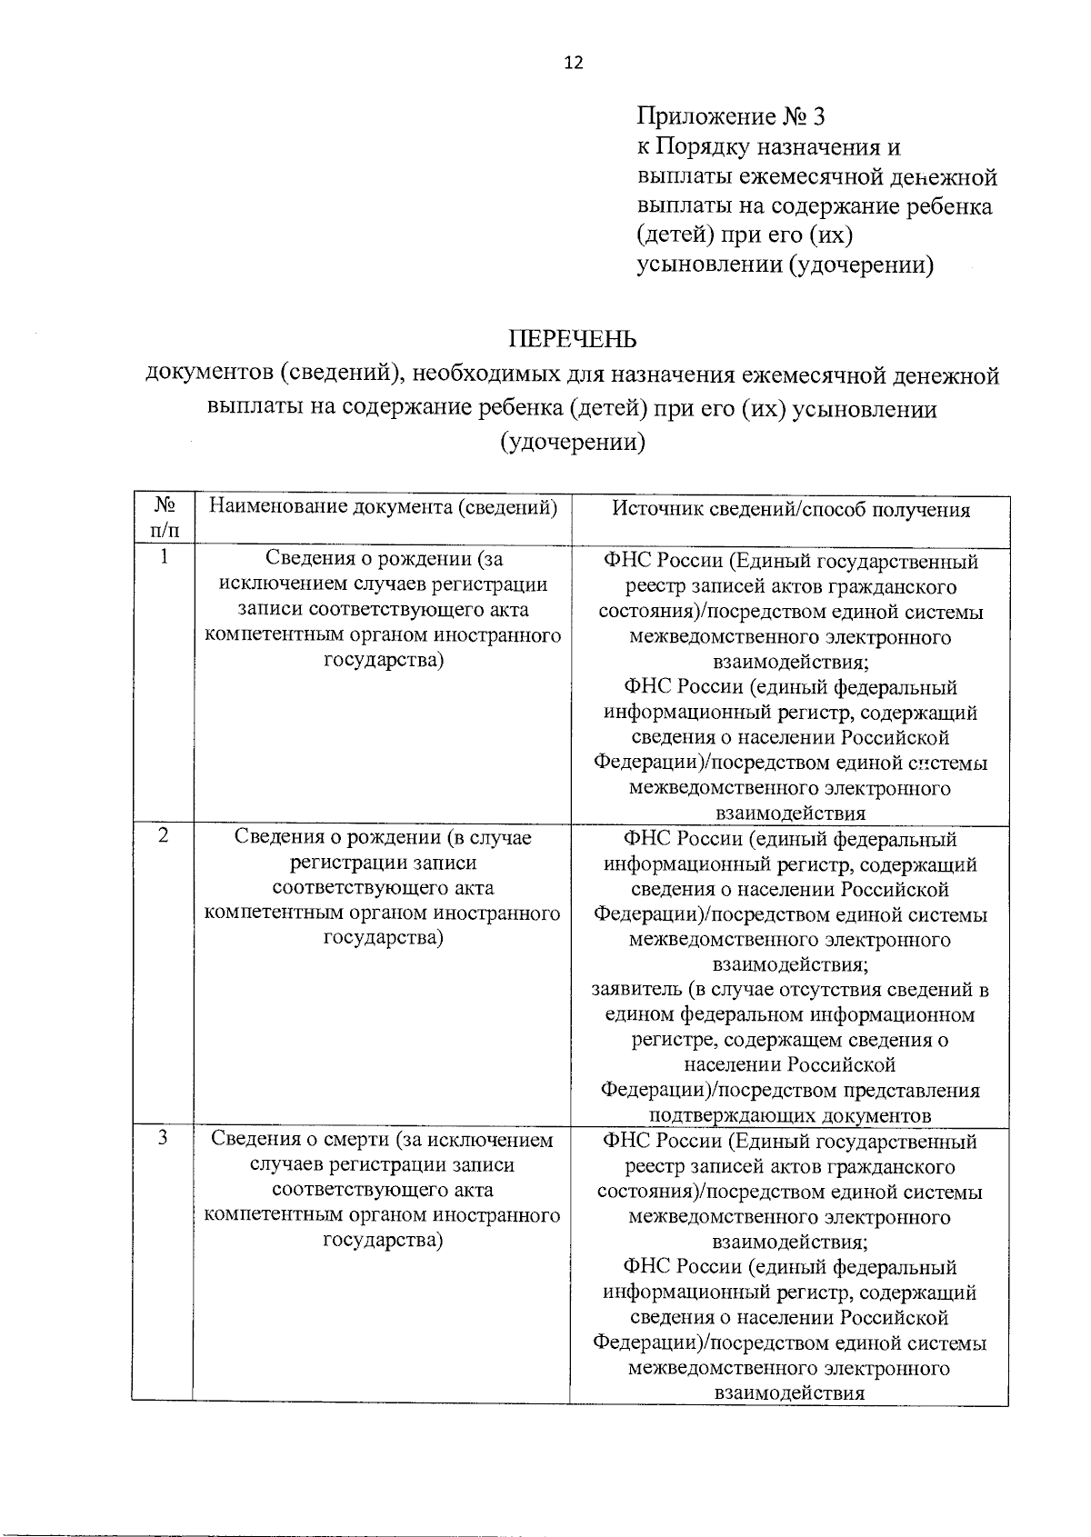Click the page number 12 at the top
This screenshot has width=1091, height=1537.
point(573,63)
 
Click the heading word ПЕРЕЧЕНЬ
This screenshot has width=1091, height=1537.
point(572,340)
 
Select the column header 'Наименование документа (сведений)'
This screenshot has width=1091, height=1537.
point(383,507)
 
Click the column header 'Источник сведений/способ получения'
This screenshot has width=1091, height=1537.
point(790,510)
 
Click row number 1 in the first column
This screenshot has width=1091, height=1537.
point(164,557)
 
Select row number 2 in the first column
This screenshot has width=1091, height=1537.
point(163,835)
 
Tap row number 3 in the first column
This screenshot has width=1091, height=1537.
point(163,1137)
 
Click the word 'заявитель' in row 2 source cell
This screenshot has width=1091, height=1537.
point(634,990)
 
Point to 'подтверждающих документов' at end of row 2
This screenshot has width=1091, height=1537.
point(789,1115)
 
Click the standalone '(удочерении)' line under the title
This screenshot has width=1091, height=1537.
point(572,443)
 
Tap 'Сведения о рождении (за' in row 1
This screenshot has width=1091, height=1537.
point(383,559)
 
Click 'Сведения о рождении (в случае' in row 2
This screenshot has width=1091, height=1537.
point(383,837)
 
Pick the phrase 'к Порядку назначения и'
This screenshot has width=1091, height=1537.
point(768,147)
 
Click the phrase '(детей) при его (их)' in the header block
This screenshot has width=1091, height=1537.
point(744,236)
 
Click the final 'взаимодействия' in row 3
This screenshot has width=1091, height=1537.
point(789,1393)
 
